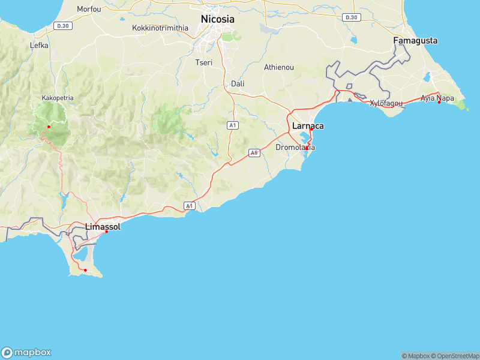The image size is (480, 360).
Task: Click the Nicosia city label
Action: coord(217,19)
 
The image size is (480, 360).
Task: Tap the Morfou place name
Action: coord(89,9)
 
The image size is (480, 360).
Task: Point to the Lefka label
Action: coord(39,45)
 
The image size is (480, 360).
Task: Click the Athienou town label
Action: coord(279,67)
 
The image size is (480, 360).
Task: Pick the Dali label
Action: coord(238,83)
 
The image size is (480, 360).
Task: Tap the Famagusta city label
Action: coord(415,41)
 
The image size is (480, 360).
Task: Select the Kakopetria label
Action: coord(58,97)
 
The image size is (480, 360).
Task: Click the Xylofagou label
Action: coord(385,103)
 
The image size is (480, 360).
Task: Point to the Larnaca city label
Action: coord(308,126)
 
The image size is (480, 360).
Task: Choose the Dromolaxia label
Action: coord(295,147)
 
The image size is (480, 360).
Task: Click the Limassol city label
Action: coord(103,227)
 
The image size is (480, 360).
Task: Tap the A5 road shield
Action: coord(254,153)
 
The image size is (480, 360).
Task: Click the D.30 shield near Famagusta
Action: coord(352,17)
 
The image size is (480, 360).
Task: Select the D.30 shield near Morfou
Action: coord(62,25)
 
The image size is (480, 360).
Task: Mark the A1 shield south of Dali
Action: coord(233,125)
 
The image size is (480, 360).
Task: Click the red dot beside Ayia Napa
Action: coord(439,102)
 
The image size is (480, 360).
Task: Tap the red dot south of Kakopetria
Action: coord(49,127)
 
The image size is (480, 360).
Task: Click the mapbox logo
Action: coord(26,352)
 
